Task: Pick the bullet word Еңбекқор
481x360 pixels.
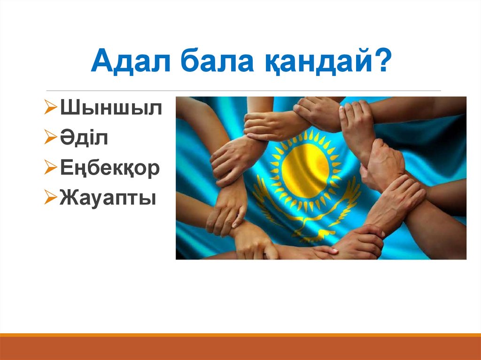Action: [x=110, y=169]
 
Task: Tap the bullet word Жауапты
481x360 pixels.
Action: [x=108, y=199]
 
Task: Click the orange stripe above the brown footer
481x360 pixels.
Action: [x=240, y=335]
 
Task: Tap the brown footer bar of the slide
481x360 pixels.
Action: [x=240, y=349]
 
